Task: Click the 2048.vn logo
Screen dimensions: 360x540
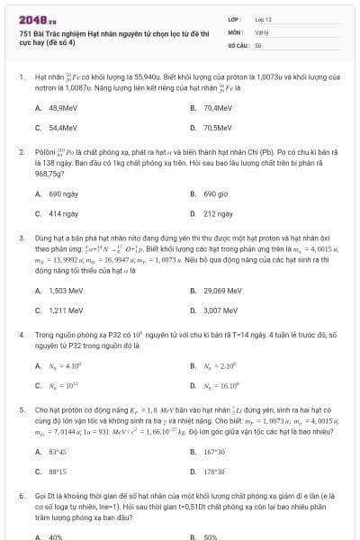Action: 38,18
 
